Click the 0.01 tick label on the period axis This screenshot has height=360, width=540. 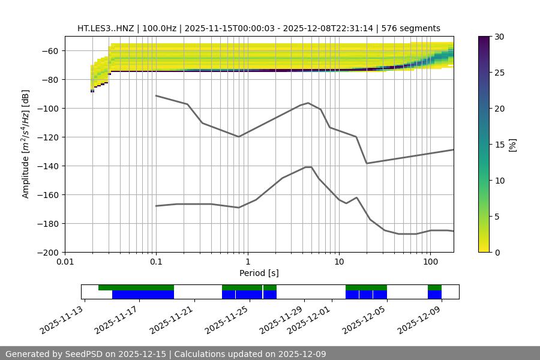click(65, 262)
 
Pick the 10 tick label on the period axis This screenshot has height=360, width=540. click(339, 262)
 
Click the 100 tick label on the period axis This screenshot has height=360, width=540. click(430, 262)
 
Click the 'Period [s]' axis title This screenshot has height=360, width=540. click(259, 273)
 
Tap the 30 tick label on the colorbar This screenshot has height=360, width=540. click(499, 37)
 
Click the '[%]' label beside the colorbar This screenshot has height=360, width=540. click(512, 145)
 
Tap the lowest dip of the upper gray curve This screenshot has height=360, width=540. click(367, 163)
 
